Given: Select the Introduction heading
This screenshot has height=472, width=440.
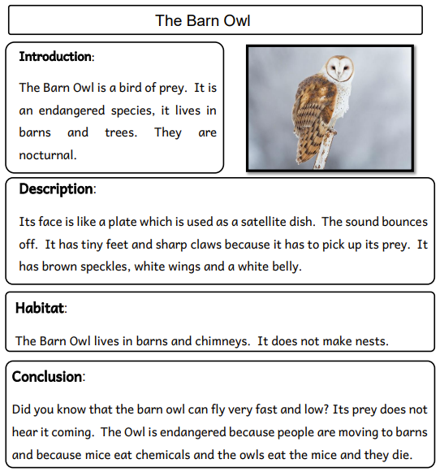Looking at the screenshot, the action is (54, 57).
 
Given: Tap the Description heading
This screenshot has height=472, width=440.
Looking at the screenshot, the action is (55, 189).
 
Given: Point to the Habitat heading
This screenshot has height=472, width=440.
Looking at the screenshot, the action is (40, 308).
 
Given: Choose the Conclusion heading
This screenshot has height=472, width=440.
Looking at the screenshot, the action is (46, 377).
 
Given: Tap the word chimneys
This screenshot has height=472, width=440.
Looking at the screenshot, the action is (222, 341).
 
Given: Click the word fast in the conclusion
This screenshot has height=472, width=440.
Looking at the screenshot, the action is (225, 410).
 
